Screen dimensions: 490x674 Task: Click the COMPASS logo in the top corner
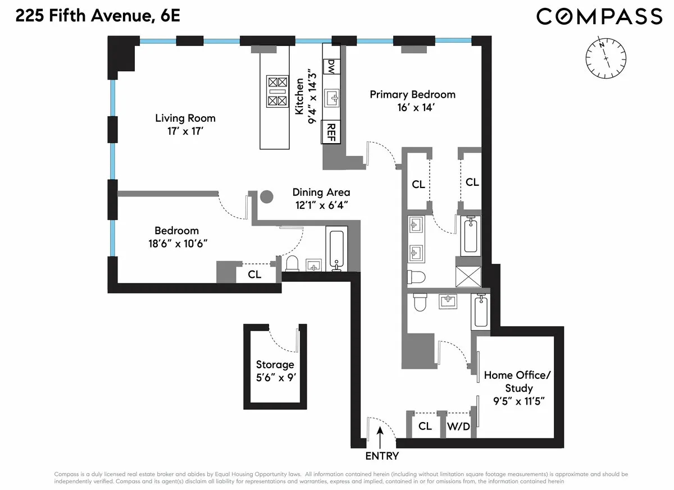click(x=599, y=16)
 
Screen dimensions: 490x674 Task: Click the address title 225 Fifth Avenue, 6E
click(x=98, y=16)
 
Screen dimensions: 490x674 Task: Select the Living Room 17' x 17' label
click(x=185, y=125)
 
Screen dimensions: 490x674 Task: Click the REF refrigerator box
click(x=331, y=132)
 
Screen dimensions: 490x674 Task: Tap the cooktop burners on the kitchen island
click(x=277, y=91)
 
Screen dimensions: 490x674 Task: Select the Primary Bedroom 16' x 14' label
click(x=412, y=101)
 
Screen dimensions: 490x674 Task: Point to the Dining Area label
click(x=321, y=199)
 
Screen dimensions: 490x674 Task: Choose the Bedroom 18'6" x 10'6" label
click(x=177, y=237)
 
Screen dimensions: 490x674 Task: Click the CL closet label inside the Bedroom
click(x=254, y=274)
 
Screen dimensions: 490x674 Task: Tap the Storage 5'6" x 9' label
click(x=275, y=371)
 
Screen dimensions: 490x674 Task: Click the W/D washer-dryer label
click(x=458, y=427)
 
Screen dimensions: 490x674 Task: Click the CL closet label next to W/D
click(x=425, y=427)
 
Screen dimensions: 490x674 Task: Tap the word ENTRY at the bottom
click(x=382, y=456)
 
